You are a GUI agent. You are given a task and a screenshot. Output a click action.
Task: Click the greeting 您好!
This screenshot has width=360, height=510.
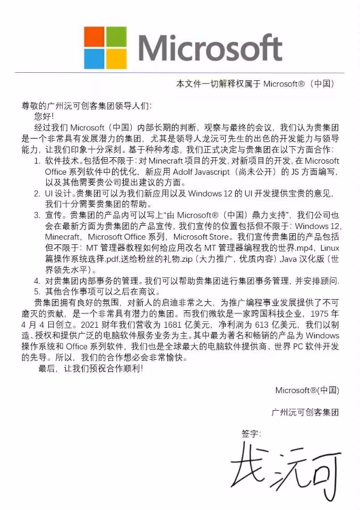coord(44,115)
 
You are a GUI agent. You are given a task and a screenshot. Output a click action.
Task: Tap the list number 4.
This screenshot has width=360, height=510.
coord(37,280)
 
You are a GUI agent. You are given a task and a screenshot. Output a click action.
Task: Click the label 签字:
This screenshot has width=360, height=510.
coord(252,434)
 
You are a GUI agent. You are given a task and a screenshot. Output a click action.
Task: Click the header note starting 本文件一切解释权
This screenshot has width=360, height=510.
coord(255,84)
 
